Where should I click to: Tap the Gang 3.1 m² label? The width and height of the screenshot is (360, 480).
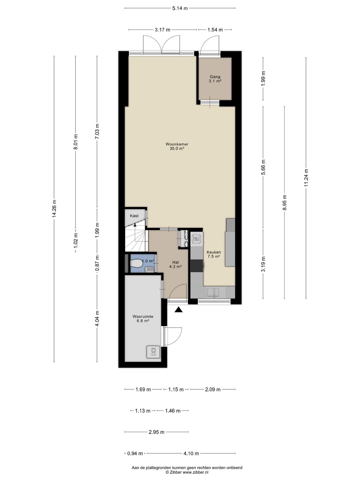pyautogui.click(x=215, y=79)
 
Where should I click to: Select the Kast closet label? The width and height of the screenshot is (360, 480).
pyautogui.click(x=134, y=216)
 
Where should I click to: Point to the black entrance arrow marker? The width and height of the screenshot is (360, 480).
pyautogui.click(x=179, y=310)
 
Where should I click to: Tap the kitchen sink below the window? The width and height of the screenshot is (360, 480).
pyautogui.click(x=213, y=292)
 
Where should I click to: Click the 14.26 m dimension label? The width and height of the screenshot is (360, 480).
pyautogui.click(x=54, y=209)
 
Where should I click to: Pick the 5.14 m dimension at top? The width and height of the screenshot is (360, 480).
pyautogui.click(x=180, y=8)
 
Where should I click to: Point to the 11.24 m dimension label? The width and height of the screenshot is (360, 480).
pyautogui.click(x=306, y=178)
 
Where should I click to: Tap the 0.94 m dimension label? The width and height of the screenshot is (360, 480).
pyautogui.click(x=135, y=454)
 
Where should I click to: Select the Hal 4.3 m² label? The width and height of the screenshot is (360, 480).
pyautogui.click(x=176, y=264)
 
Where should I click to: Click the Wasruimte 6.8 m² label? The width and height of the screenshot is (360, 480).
pyautogui.click(x=143, y=319)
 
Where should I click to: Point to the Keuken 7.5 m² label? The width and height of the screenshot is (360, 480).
pyautogui.click(x=214, y=254)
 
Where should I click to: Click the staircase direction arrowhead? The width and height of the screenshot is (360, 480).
pyautogui.click(x=135, y=224)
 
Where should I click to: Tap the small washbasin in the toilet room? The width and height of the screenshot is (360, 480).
pyautogui.click(x=150, y=270)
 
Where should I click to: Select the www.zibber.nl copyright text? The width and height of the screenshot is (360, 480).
pyautogui.click(x=187, y=472)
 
